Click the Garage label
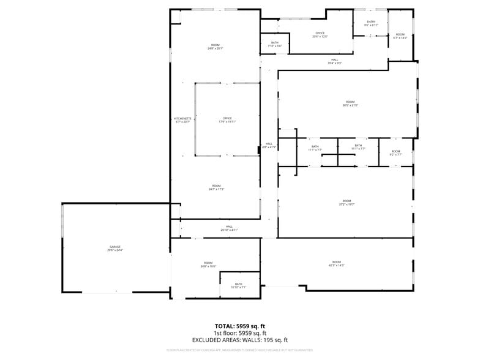[114, 249]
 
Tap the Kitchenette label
[182, 120]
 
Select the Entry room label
[371, 23]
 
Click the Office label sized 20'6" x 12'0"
[320, 35]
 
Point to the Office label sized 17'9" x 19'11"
[227, 120]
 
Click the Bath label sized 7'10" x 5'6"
[275, 44]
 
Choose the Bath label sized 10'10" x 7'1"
[238, 285]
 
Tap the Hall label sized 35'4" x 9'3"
[335, 61]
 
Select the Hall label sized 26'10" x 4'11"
[229, 228]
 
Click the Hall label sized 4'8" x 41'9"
[269, 145]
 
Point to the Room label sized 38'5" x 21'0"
[350, 103]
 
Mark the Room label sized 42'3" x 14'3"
[336, 263]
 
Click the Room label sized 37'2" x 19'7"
[347, 203]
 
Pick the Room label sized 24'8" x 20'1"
[215, 47]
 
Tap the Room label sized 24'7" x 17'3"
[216, 187]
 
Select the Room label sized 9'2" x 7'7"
[396, 152]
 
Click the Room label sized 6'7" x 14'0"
[400, 36]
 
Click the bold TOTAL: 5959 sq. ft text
[239, 326]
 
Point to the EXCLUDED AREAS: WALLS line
[239, 340]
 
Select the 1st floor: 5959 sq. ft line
[239, 333]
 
